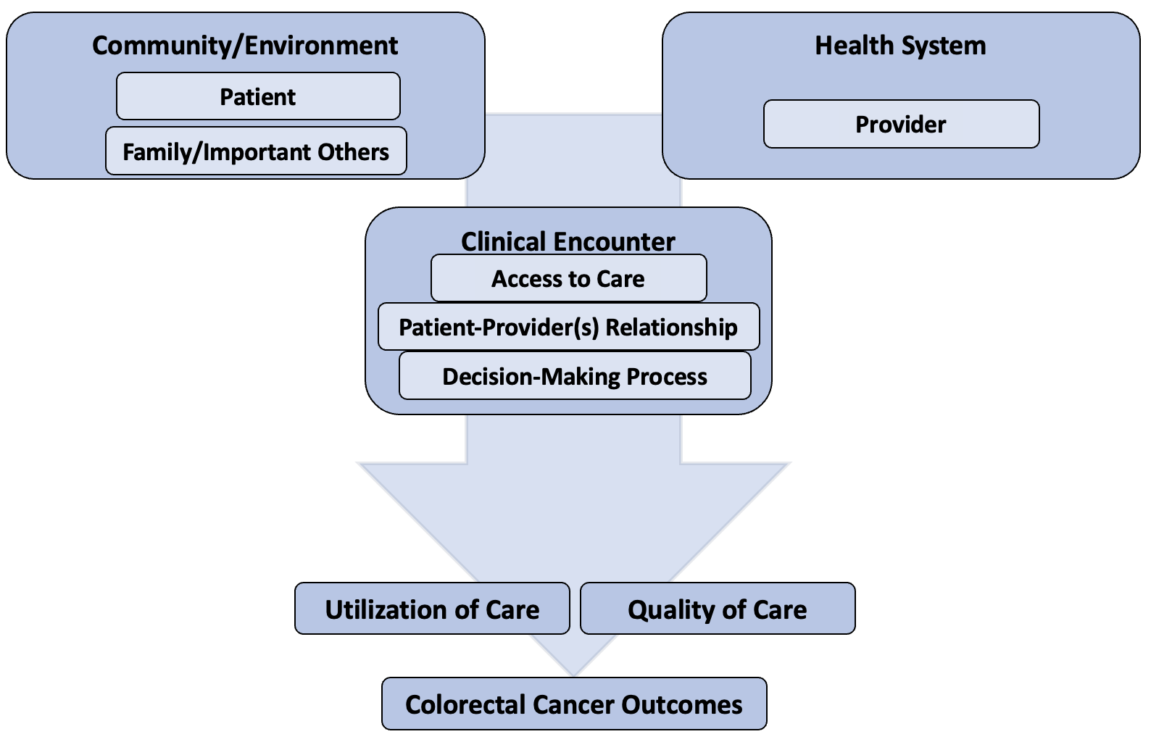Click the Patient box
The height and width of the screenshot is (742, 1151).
click(x=258, y=96)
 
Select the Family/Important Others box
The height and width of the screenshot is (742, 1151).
click(x=256, y=151)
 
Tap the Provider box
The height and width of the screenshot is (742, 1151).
click(x=901, y=124)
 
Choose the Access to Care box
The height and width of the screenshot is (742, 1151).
click(x=568, y=278)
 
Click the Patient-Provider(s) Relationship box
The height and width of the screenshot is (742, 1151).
click(x=568, y=327)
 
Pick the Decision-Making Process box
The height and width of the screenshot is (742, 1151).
click(x=575, y=375)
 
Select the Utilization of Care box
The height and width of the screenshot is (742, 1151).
click(x=432, y=609)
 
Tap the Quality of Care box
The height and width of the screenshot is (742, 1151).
click(x=718, y=609)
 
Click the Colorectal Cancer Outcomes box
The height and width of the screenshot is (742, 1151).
click(x=574, y=704)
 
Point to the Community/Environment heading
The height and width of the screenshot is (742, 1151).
click(x=245, y=45)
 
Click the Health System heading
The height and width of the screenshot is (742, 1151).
click(x=901, y=45)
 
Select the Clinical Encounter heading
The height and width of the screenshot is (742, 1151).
click(x=568, y=241)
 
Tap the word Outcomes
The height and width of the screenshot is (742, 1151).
click(x=682, y=704)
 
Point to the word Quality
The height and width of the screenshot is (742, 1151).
click(x=670, y=611)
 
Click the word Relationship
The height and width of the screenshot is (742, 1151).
click(x=672, y=328)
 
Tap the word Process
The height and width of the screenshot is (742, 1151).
click(x=667, y=377)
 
